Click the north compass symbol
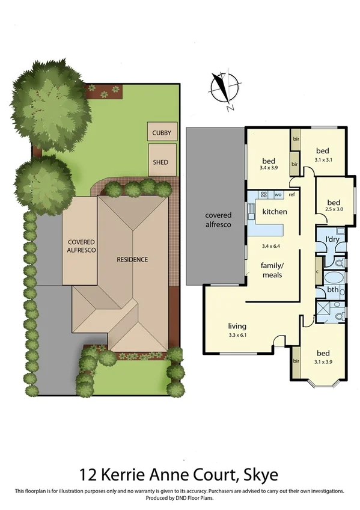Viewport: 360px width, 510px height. point(223,90)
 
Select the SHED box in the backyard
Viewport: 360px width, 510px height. point(162,161)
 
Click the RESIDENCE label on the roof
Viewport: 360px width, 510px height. point(132,260)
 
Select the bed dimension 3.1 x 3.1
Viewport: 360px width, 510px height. point(325,160)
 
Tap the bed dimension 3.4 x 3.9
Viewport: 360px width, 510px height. point(269,169)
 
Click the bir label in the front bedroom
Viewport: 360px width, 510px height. point(296,361)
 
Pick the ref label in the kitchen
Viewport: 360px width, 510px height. point(292,195)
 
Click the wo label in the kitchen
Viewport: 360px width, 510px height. point(278,195)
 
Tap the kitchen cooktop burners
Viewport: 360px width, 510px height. point(263,195)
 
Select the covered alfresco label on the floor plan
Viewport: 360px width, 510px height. point(219,220)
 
